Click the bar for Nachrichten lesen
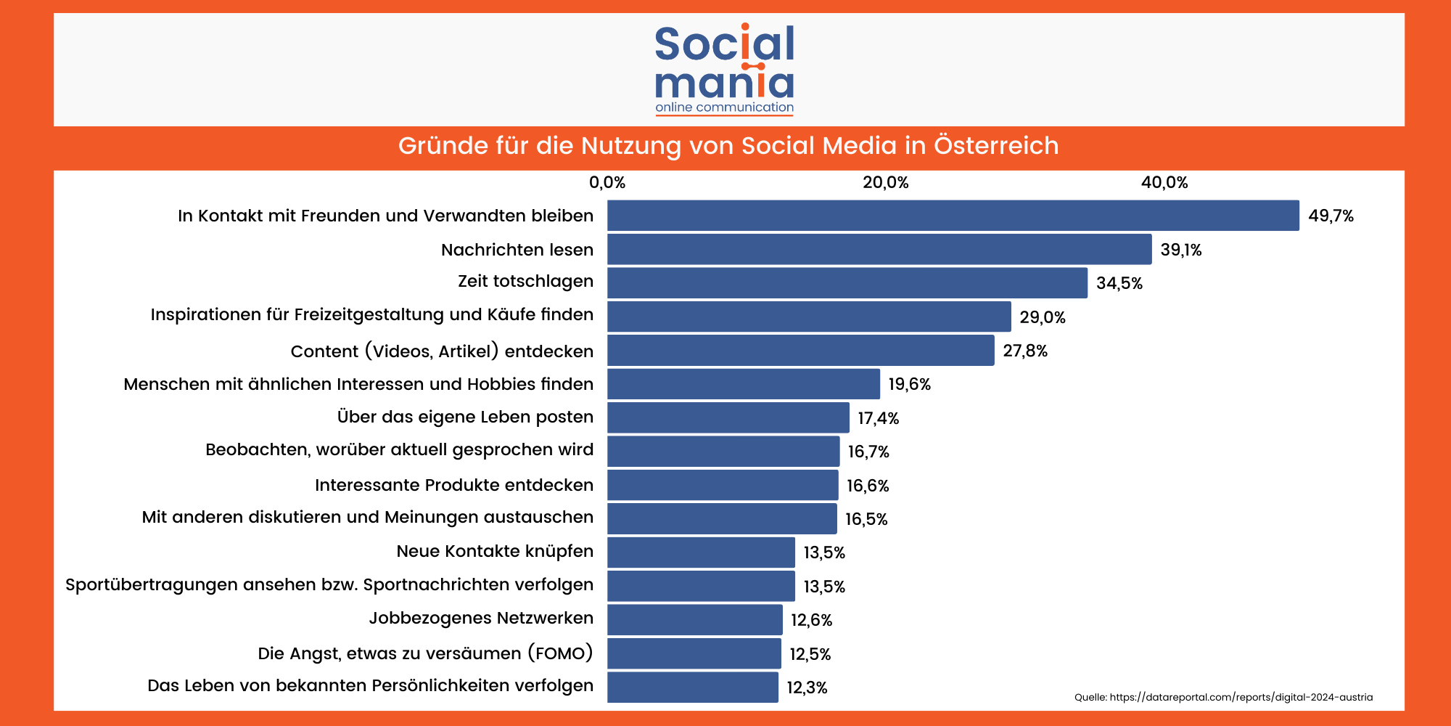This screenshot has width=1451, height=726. tap(879, 249)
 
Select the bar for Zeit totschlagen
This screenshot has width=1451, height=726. tap(847, 282)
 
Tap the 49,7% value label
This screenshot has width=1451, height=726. tap(1331, 216)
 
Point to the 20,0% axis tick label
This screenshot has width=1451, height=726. tap(885, 182)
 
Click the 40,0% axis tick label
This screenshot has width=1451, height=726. tap(1164, 182)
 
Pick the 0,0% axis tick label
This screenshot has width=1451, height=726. tap(607, 182)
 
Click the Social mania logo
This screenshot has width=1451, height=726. tap(725, 69)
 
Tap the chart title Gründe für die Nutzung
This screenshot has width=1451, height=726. tap(728, 146)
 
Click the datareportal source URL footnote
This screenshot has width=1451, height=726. tap(1223, 697)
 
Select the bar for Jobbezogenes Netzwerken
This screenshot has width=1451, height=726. tap(695, 619)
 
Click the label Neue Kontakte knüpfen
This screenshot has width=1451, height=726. tap(495, 551)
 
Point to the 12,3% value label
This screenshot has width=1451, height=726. tap(807, 688)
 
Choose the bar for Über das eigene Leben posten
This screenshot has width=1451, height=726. tap(728, 417)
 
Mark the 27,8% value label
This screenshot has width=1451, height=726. tap(1025, 351)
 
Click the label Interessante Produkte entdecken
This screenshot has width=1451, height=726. tap(454, 485)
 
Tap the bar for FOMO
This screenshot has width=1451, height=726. tap(694, 653)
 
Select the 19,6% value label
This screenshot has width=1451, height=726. tap(909, 384)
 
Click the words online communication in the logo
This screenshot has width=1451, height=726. tap(724, 107)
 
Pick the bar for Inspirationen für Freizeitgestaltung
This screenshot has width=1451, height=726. tap(809, 317)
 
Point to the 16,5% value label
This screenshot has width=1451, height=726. tap(866, 519)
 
